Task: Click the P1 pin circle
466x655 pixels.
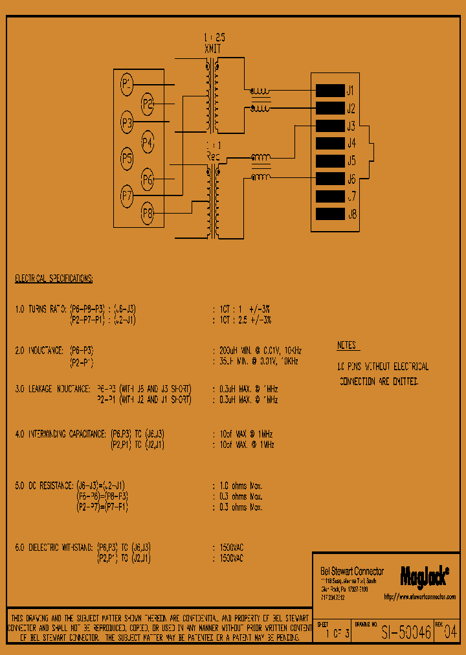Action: [x=127, y=83]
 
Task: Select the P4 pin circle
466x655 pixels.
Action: [x=148, y=141]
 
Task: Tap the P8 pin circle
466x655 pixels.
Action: [x=148, y=212]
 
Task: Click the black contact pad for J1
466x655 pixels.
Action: [x=329, y=91]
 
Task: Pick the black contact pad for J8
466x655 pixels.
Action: [x=329, y=214]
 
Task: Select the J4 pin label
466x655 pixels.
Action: [x=351, y=143]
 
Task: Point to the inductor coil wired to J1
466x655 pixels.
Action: [x=261, y=91]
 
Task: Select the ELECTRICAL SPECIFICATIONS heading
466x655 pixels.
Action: [x=54, y=279]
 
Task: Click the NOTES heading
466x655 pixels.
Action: [x=347, y=346]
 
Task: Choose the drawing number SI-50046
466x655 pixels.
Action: [x=406, y=633]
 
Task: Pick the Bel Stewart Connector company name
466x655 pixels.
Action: [x=352, y=572]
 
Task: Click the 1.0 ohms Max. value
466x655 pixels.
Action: [x=241, y=485]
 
